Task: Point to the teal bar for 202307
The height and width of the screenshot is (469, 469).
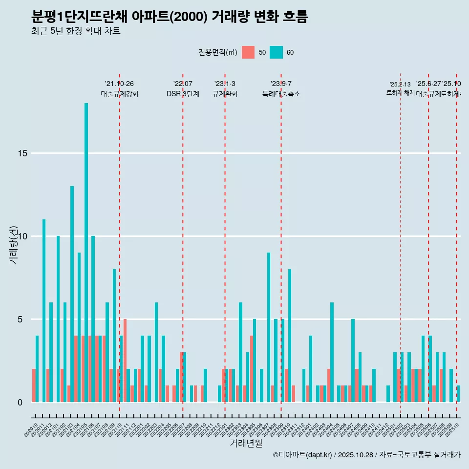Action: [x=268, y=327]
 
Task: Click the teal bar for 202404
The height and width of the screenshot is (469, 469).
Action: [x=332, y=352]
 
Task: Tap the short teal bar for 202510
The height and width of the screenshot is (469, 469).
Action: [x=458, y=394]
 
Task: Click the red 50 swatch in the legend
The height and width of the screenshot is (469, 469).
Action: [x=248, y=52]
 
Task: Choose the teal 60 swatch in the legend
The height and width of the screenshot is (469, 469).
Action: [x=276, y=52]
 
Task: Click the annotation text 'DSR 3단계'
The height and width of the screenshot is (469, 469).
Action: [x=183, y=94]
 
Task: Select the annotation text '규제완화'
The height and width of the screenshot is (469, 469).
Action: [x=225, y=94]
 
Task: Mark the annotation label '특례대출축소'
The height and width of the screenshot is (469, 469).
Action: [x=281, y=94]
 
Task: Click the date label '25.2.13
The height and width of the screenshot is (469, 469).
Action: [x=400, y=85]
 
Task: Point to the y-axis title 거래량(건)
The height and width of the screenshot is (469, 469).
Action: [x=13, y=244]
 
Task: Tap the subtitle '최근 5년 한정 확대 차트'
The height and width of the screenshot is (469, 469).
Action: [x=75, y=31]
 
